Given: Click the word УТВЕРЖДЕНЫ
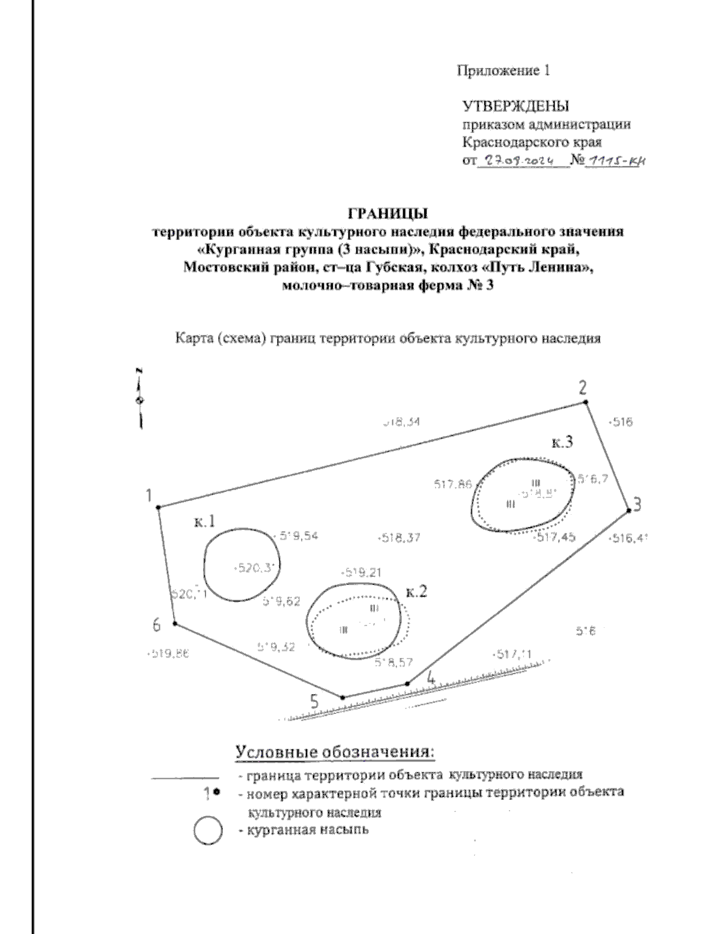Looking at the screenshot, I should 515,107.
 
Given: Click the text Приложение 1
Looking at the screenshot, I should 503,71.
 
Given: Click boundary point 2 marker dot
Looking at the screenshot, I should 586,402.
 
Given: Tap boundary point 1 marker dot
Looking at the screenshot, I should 159,508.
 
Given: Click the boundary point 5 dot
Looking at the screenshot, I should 343,698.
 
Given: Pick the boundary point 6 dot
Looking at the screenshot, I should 175,623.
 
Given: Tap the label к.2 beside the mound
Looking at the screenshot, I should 416,592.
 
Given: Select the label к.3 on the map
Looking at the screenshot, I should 562,443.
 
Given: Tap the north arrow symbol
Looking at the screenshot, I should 139,397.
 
